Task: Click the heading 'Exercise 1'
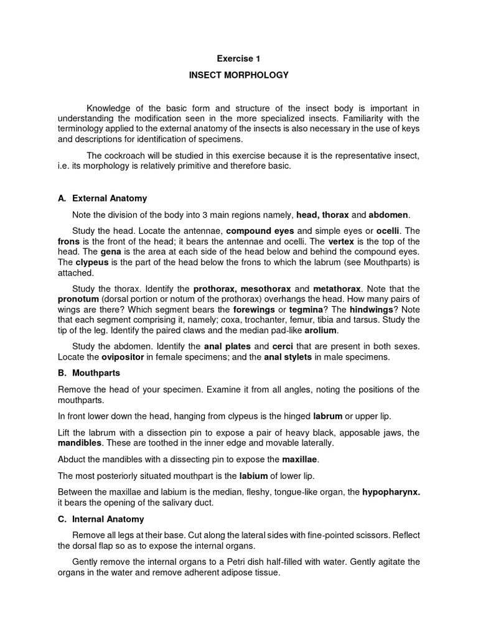[238, 59]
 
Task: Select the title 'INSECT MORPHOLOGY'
[238, 75]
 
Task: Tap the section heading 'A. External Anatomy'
[103, 198]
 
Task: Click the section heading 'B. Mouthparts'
[89, 373]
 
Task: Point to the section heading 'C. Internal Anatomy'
[101, 519]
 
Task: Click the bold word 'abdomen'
[389, 215]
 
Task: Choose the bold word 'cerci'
[283, 346]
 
